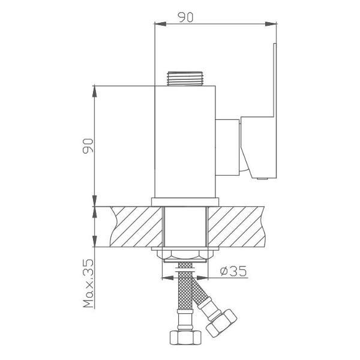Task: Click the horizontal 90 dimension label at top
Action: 185,17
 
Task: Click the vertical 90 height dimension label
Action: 88,146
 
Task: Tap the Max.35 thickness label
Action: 88,283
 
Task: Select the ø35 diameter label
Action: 233,271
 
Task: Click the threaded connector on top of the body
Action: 185,79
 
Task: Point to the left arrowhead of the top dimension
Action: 160,24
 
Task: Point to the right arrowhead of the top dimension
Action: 271,24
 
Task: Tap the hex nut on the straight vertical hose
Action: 185,337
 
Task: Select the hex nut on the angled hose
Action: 221,323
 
